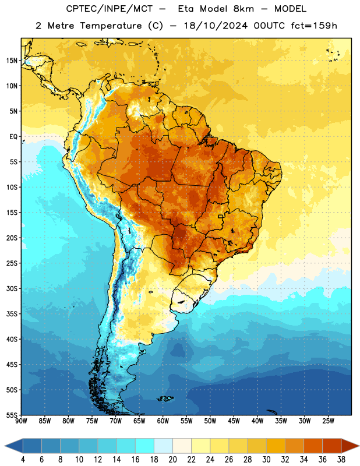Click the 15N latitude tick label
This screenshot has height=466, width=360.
12,61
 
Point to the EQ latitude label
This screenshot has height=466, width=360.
13,137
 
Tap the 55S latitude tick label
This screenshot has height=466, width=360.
12,415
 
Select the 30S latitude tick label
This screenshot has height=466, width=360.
12,288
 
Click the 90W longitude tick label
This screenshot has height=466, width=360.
22,421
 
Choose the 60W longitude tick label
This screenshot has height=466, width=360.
163,421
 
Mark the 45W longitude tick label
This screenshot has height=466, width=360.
234,421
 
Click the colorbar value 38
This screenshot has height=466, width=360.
341,460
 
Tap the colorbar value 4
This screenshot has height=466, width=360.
23,460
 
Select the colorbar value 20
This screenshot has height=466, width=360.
172,460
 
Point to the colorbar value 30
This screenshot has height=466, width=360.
266,460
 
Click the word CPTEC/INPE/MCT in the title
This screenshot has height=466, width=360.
110,9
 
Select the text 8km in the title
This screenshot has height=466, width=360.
243,9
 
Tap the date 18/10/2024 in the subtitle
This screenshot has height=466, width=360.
216,26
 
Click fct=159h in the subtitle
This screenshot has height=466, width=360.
314,26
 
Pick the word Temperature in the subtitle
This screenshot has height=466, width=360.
111,26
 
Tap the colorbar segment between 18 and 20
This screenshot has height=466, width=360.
163,446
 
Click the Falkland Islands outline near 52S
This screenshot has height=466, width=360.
165,398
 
